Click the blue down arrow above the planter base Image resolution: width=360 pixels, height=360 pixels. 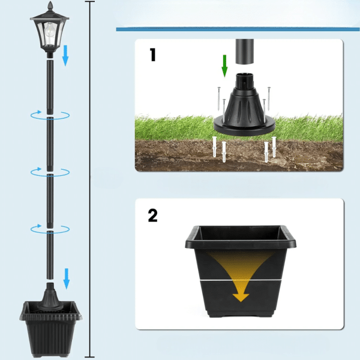[66, 278]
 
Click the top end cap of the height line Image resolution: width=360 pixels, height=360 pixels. [90, 2]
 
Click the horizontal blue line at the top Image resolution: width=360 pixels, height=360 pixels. [238, 28]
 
